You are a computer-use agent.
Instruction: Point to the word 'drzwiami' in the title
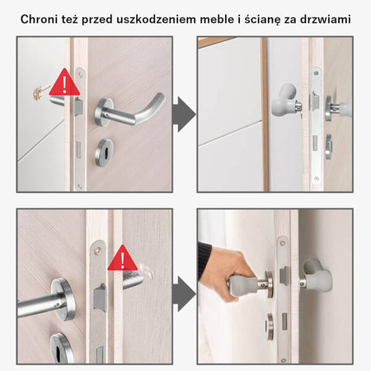(x=326, y=17)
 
